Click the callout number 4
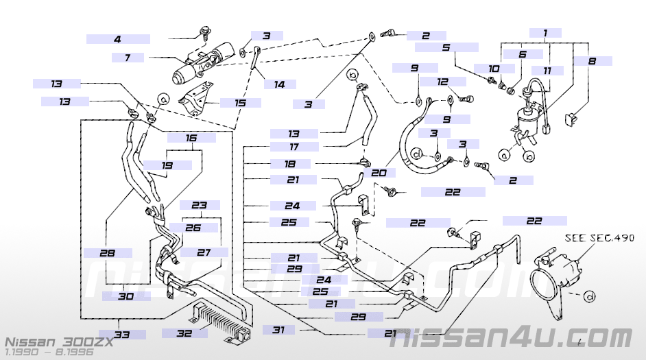tap(117, 39)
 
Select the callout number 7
tap(128, 58)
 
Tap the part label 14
tap(279, 85)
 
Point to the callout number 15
tap(239, 103)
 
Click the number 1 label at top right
tap(545, 33)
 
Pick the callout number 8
tap(592, 61)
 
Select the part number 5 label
tap(446, 48)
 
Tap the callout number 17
tap(294, 147)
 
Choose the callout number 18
tap(291, 164)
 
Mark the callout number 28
tap(107, 253)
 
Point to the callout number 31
tap(278, 331)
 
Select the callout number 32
tap(183, 333)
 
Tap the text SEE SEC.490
tap(599, 238)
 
